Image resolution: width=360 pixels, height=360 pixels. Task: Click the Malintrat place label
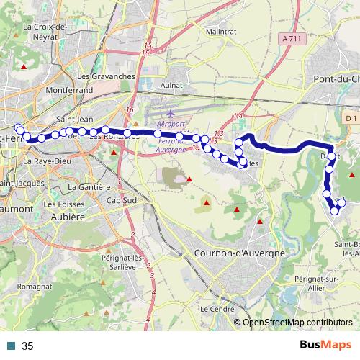pyautogui.click(x=221, y=32)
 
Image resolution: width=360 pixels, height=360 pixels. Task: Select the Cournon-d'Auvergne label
pyautogui.click(x=240, y=253)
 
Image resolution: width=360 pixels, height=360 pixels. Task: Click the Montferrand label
pyautogui.click(x=69, y=91)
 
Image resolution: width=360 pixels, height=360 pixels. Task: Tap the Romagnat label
pyautogui.click(x=33, y=286)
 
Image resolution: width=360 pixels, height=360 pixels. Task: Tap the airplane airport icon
pyautogui.click(x=170, y=114)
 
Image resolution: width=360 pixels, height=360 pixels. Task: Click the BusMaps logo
pyautogui.click(x=326, y=346)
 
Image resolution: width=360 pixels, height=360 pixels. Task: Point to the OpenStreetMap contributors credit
pyautogui.click(x=297, y=323)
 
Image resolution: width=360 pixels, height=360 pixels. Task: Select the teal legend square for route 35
pyautogui.click(x=11, y=346)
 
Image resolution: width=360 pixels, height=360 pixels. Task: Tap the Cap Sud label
pyautogui.click(x=121, y=200)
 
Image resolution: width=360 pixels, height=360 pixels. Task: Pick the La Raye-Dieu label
pyautogui.click(x=48, y=162)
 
